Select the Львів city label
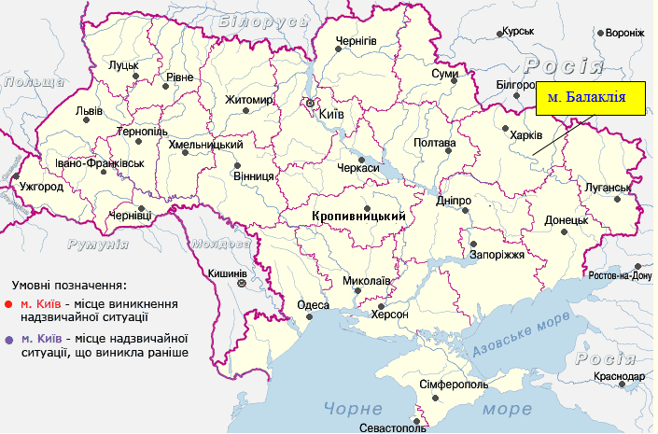(x=90, y=110)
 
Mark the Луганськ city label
(x=608, y=188)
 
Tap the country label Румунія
(x=98, y=244)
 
